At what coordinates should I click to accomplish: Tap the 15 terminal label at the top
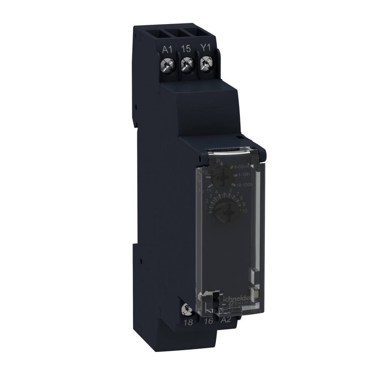pyautogui.click(x=185, y=49)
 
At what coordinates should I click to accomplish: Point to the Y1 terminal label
pyautogui.click(x=205, y=49)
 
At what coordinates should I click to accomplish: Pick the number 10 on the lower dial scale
pyautogui.click(x=244, y=211)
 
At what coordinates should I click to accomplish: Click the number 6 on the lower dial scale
pyautogui.click(x=231, y=190)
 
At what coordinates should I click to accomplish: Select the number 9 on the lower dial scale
pyautogui.click(x=243, y=204)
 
